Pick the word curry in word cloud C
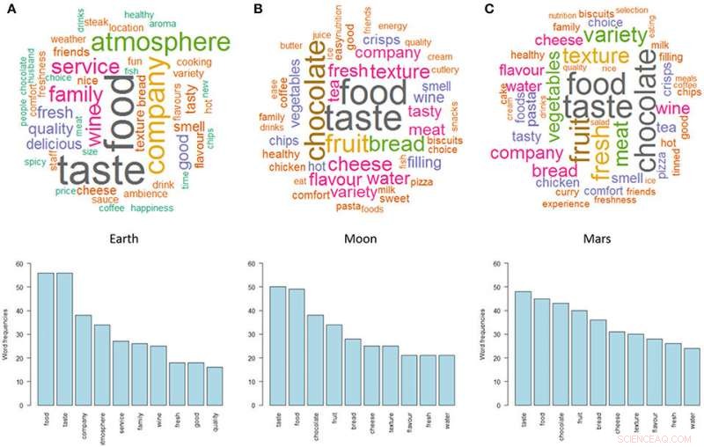(x=565, y=192)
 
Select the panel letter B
(x=257, y=8)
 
